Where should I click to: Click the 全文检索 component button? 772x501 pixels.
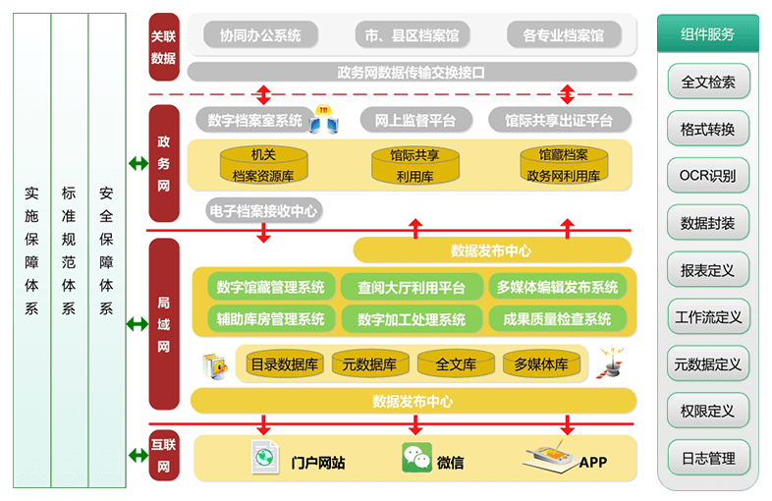pos(708,83)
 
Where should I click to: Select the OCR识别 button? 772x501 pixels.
pos(708,177)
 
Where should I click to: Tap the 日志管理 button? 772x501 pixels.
pos(708,458)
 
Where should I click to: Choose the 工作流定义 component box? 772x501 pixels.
pos(708,317)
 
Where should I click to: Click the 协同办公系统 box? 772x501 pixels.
pos(260,36)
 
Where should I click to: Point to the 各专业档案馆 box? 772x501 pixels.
pos(564,36)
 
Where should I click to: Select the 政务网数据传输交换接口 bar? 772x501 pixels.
pos(411,72)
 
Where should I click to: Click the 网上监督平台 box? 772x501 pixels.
pos(415,121)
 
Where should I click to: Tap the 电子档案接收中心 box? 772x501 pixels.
pos(263,210)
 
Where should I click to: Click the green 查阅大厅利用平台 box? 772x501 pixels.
pos(412,288)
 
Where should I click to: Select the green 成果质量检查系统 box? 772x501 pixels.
pos(557,319)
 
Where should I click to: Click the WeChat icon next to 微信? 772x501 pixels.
pos(416,459)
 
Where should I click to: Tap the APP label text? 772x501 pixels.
pos(593,463)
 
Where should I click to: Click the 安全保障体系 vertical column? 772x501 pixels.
pos(106,250)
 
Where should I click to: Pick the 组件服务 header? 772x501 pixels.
pos(707,34)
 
